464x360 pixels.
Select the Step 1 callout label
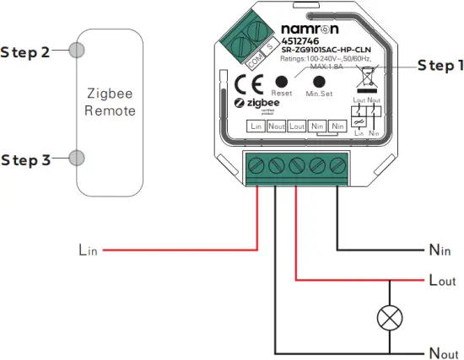coord(440,67)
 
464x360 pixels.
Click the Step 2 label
coord(24,52)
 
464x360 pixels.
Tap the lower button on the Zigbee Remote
coord(77,158)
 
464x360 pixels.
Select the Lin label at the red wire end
coord(88,250)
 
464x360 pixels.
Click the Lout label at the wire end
coord(442,281)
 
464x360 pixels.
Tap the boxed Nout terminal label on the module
coord(276,126)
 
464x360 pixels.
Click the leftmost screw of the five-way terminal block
coord(256,165)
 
